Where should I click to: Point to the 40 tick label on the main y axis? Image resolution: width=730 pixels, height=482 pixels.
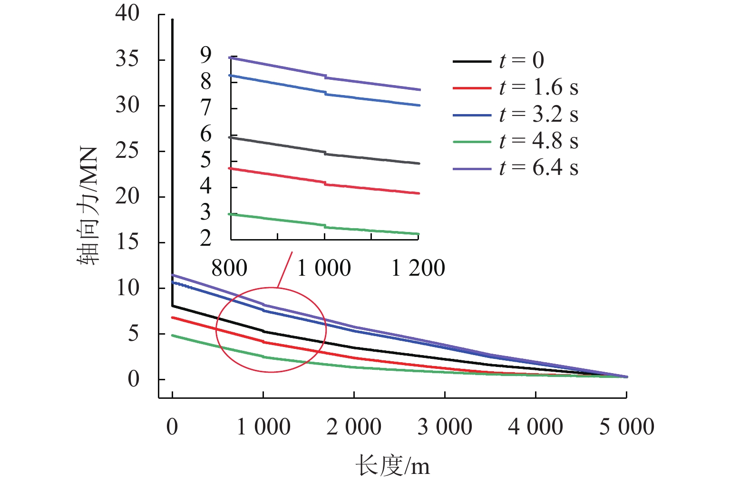(127, 13)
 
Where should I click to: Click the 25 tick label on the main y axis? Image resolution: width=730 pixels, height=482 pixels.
(127, 151)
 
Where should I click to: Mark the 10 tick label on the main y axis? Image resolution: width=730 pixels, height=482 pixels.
(127, 288)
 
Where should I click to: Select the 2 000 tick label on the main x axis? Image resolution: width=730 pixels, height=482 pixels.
(354, 427)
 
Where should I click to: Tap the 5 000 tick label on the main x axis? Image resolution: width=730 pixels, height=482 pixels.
(626, 427)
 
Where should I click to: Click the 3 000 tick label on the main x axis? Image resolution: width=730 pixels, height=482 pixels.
(445, 427)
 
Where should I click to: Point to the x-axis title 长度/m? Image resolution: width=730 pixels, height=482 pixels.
(392, 465)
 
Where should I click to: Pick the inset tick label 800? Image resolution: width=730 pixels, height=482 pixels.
(229, 269)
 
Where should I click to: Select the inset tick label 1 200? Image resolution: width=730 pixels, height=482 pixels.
(418, 269)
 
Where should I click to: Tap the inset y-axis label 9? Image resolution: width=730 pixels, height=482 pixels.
(205, 56)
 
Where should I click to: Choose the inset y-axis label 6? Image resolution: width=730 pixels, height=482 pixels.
(205, 135)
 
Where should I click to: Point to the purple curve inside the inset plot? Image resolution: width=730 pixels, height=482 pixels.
(371, 83)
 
